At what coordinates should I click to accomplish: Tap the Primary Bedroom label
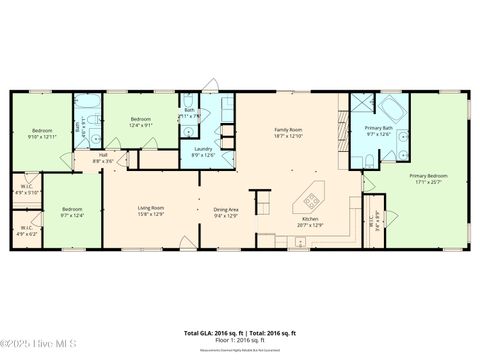[x=428, y=175]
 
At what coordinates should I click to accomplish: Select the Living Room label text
[x=151, y=207]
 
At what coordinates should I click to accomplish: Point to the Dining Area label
[x=226, y=207]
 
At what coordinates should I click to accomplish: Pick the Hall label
[x=102, y=155]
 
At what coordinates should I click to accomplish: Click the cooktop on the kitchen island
[x=310, y=197]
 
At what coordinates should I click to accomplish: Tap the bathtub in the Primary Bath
[x=387, y=108]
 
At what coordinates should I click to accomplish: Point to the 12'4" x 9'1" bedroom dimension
[x=140, y=125]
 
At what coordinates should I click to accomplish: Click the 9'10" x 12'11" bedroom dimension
[x=42, y=136]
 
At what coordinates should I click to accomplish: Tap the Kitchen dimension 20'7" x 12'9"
[x=310, y=225]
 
